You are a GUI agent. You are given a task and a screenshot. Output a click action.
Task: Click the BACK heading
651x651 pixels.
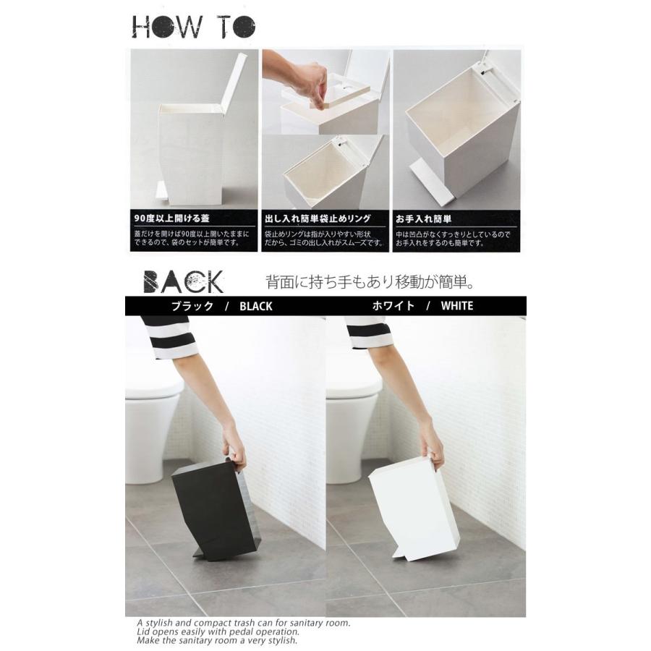point(183,281)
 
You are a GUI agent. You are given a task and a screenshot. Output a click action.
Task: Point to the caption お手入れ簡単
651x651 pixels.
point(423,217)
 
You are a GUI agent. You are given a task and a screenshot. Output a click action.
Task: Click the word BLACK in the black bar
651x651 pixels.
point(255,306)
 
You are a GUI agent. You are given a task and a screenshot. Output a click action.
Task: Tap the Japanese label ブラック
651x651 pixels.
point(192,306)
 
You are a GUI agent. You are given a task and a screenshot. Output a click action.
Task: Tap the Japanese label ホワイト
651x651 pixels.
point(393,306)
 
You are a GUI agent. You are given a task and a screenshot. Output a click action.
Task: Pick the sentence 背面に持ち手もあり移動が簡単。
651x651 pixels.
point(370,281)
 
